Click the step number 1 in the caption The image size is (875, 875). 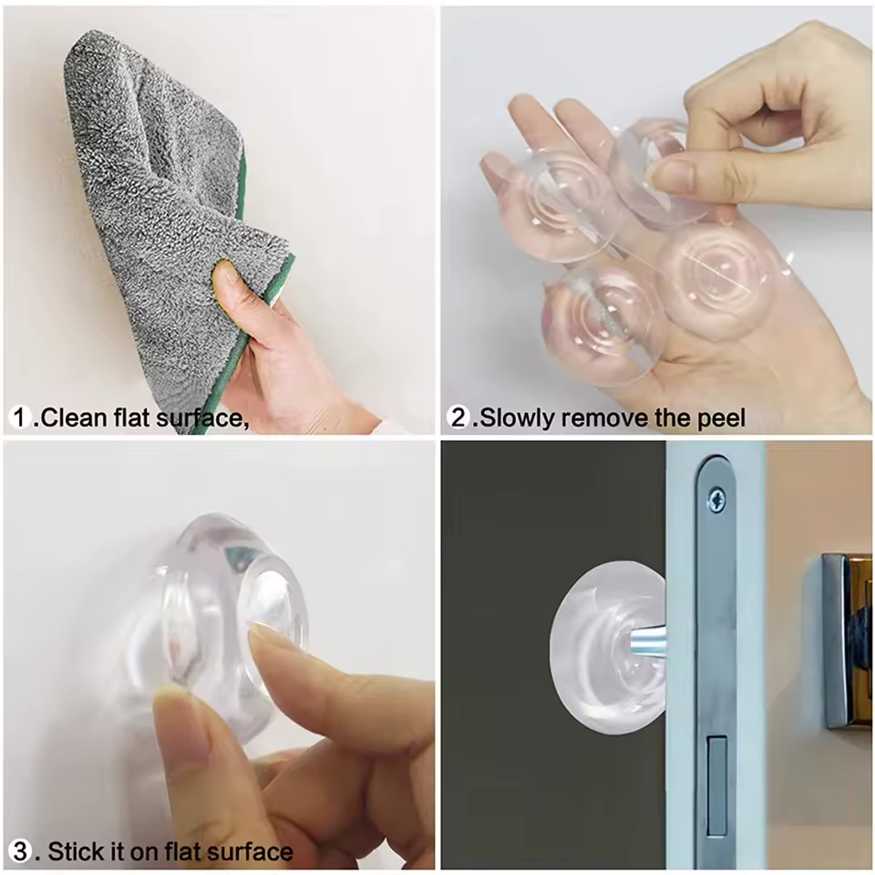click(x=22, y=417)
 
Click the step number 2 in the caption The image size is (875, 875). click(x=459, y=417)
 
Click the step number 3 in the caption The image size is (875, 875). click(x=21, y=851)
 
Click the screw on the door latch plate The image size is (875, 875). click(x=716, y=499)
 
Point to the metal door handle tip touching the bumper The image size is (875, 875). click(x=646, y=640)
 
